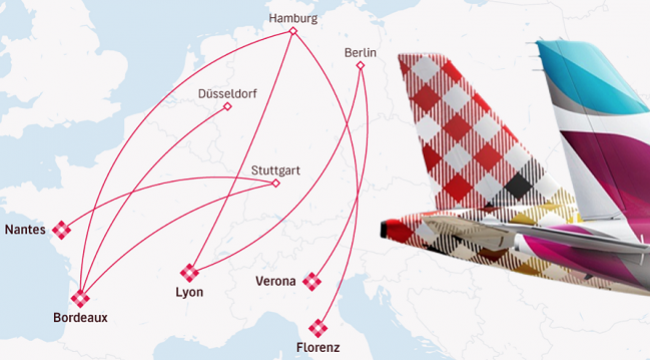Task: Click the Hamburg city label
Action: [x=293, y=18]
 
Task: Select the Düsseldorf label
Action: [x=227, y=93]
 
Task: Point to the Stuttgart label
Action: [x=275, y=170]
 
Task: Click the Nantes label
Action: [x=24, y=229]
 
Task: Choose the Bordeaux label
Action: [x=80, y=317]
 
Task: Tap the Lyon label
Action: [x=189, y=292]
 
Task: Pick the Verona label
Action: [x=275, y=282]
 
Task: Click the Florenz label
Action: [x=318, y=347]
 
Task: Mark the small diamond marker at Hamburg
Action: [x=293, y=31]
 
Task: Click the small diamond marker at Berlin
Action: [x=361, y=66]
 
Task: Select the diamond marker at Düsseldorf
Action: [x=227, y=106]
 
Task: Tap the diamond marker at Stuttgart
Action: [x=276, y=183]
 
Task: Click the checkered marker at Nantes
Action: [x=63, y=229]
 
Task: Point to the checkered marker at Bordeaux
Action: [x=80, y=297]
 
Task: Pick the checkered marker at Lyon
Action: [x=189, y=272]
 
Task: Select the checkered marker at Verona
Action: [x=313, y=281]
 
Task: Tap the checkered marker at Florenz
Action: [x=319, y=327]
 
